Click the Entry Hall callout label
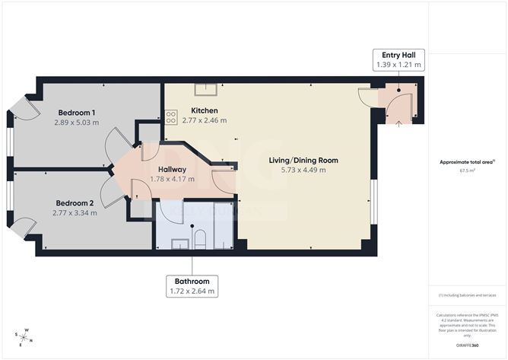pyautogui.click(x=398, y=61)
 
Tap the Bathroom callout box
pyautogui.click(x=192, y=285)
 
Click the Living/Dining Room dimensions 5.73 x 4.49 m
pyautogui.click(x=303, y=170)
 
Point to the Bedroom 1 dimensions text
pyautogui.click(x=77, y=121)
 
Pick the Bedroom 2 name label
pyautogui.click(x=75, y=203)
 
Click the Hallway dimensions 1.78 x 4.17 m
pyautogui.click(x=172, y=180)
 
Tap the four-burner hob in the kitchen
pyautogui.click(x=171, y=117)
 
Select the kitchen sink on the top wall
pyautogui.click(x=205, y=88)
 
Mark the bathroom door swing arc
pyautogui.click(x=171, y=212)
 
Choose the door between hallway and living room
pyautogui.click(x=223, y=182)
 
